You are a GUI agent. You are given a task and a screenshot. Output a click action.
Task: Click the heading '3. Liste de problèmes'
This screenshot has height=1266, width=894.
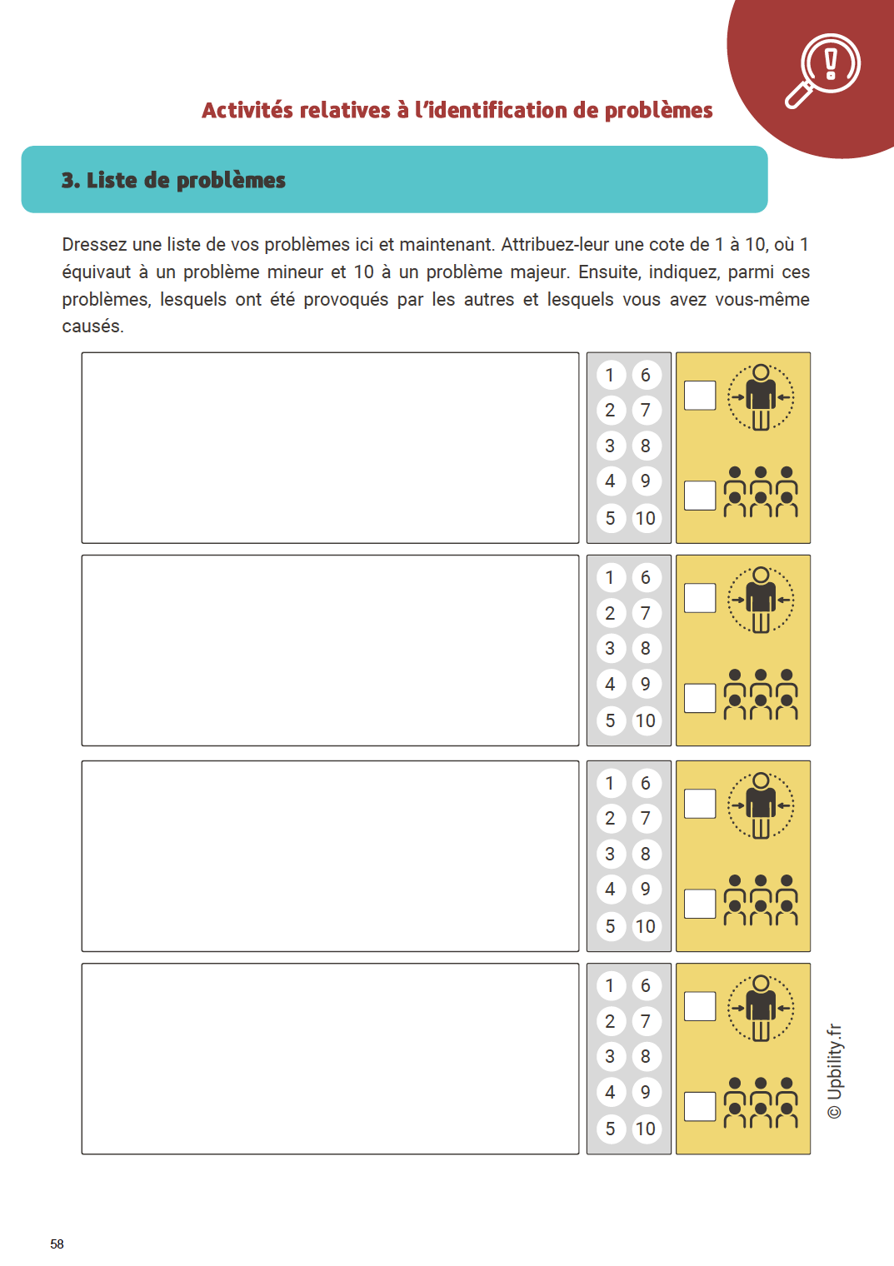pos(173,180)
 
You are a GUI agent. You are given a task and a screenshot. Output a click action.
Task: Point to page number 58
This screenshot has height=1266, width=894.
pos(57,1244)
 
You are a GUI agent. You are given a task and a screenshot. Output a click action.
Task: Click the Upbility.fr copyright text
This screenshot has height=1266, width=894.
pos(835,1071)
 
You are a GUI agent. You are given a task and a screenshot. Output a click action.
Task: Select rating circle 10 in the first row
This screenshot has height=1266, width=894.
pos(646,518)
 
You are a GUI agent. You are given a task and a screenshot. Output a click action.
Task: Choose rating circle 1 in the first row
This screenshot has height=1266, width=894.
pos(611,375)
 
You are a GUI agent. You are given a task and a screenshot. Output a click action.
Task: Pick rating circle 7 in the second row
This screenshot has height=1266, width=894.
pos(646,613)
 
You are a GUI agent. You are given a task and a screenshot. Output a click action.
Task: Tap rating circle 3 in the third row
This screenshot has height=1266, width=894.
pos(611,854)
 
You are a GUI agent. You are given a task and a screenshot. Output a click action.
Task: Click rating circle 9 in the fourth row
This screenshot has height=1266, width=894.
pos(646,1092)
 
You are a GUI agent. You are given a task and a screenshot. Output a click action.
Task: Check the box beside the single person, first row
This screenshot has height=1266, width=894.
pos(700,396)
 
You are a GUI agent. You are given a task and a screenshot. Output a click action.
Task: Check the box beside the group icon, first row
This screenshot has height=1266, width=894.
pos(700,496)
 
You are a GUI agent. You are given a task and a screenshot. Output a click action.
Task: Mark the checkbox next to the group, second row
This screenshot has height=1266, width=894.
pos(700,698)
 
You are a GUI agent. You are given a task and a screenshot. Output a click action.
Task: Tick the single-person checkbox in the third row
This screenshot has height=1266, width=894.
pos(700,804)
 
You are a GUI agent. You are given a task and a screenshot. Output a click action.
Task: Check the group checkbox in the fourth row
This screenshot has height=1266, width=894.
pos(700,1106)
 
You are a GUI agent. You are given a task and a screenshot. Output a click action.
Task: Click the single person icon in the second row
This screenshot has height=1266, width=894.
pos(761,600)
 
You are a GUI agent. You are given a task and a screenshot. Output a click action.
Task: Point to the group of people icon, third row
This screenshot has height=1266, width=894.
pos(761,900)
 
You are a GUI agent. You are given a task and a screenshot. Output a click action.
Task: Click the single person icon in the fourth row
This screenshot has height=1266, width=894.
pos(761,1008)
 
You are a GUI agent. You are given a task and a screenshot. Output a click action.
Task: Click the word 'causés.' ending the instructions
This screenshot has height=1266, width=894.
pos(92,326)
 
